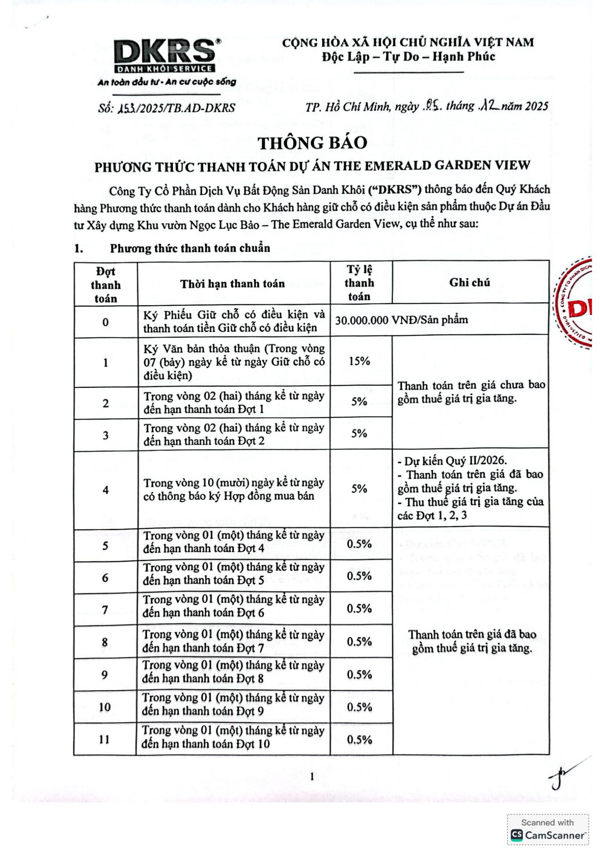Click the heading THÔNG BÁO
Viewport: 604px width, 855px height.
pyautogui.click(x=313, y=143)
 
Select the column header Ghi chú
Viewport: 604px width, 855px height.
pyautogui.click(x=470, y=283)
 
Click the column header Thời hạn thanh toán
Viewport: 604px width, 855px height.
pyautogui.click(x=233, y=284)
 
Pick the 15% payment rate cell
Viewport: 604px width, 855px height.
pyautogui.click(x=359, y=361)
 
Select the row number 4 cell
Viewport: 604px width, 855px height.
pyautogui.click(x=106, y=490)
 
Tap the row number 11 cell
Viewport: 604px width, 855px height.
pyautogui.click(x=104, y=739)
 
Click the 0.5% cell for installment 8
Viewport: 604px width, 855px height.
pyautogui.click(x=359, y=641)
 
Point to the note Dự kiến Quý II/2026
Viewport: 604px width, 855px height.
pyautogui.click(x=452, y=460)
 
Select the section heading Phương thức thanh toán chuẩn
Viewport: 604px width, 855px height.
pyautogui.click(x=190, y=248)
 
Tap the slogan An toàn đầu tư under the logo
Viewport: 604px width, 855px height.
pyautogui.click(x=167, y=82)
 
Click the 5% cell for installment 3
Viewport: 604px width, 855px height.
pyautogui.click(x=359, y=434)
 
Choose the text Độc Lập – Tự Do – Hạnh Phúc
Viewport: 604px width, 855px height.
pyautogui.click(x=408, y=57)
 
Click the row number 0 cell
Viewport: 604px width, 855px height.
pyautogui.click(x=106, y=322)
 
